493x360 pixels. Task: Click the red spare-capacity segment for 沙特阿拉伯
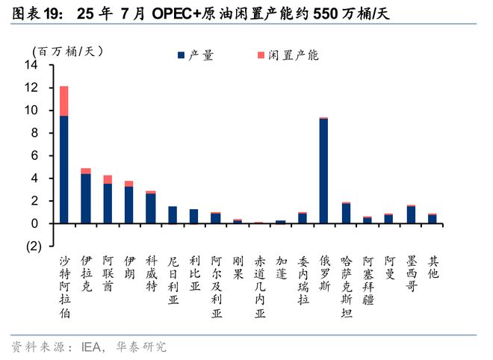[64, 101]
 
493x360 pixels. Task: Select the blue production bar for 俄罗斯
[323, 171]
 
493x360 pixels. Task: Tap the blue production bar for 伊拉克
[86, 199]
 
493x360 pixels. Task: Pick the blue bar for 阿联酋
[108, 203]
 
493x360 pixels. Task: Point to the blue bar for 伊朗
[129, 205]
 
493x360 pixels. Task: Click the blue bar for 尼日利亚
[173, 215]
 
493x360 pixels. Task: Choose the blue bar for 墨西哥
[410, 215]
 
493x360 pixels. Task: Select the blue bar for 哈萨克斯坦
[346, 214]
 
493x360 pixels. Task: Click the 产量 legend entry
[199, 55]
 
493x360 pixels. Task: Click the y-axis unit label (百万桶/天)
[66, 51]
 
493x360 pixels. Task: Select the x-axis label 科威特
[151, 274]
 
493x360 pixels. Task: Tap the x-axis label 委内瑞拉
[302, 280]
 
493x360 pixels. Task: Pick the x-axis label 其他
[432, 268]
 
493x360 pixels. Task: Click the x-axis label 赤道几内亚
[258, 286]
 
